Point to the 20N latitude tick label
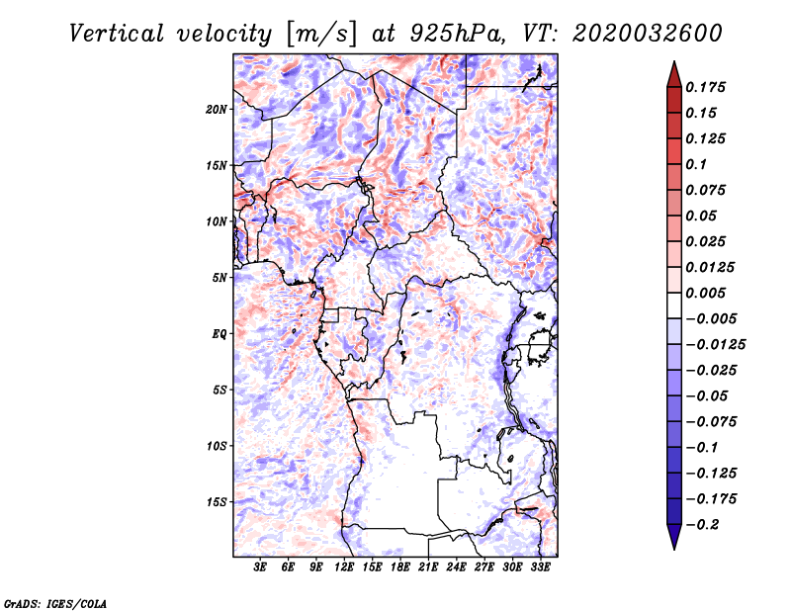(217, 109)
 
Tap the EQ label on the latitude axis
(220, 334)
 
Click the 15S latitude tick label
(217, 502)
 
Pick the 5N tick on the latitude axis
(220, 278)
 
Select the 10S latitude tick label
(217, 446)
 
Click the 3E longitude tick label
(261, 568)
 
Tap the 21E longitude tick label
(429, 568)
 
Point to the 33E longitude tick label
(541, 568)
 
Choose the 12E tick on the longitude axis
(345, 568)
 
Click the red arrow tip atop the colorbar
(673, 69)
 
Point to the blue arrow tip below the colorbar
(673, 541)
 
